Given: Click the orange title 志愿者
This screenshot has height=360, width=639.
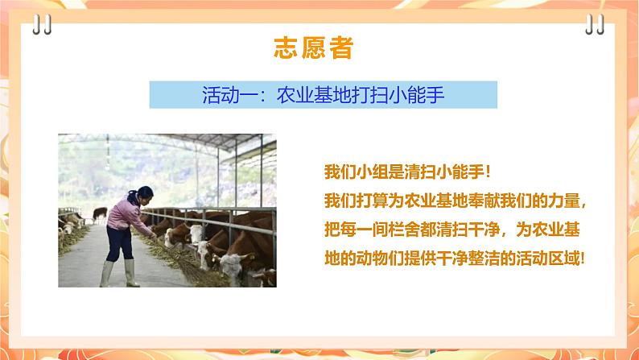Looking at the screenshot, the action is coord(313,48).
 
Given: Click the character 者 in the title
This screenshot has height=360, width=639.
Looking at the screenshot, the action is coord(340,48).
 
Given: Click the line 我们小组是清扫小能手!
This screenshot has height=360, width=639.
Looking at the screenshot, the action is coord(407,172).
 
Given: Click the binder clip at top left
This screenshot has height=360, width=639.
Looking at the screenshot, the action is coord(42,24).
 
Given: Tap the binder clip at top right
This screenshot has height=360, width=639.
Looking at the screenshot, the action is coord(595,24).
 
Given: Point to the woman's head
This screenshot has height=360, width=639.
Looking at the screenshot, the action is coord(143,193).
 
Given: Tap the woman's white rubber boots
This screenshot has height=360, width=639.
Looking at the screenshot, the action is coord(120,273).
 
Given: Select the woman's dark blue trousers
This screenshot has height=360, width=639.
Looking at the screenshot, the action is coord(119,243).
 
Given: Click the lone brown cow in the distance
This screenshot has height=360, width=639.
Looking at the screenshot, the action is coord(100,213).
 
